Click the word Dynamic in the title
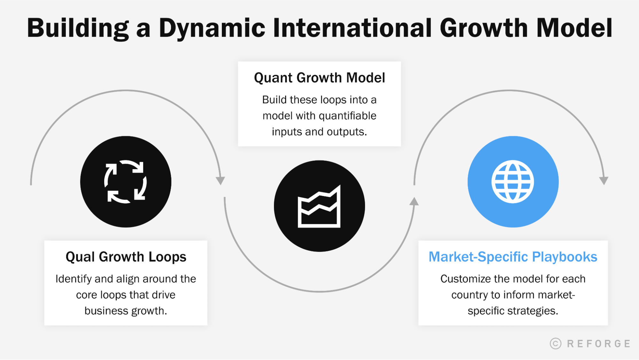(x=212, y=28)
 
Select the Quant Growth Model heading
(x=319, y=78)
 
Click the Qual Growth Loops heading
(x=126, y=257)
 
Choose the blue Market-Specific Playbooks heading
(x=513, y=257)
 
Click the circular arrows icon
(x=126, y=182)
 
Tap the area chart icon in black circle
(x=319, y=207)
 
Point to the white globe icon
(x=513, y=182)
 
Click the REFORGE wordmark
(x=598, y=344)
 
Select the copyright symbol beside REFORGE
(x=556, y=343)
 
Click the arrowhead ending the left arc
(x=220, y=180)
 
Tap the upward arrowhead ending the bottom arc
(x=414, y=201)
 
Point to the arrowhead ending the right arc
(x=604, y=180)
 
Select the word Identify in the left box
(x=73, y=279)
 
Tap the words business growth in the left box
(x=126, y=311)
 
